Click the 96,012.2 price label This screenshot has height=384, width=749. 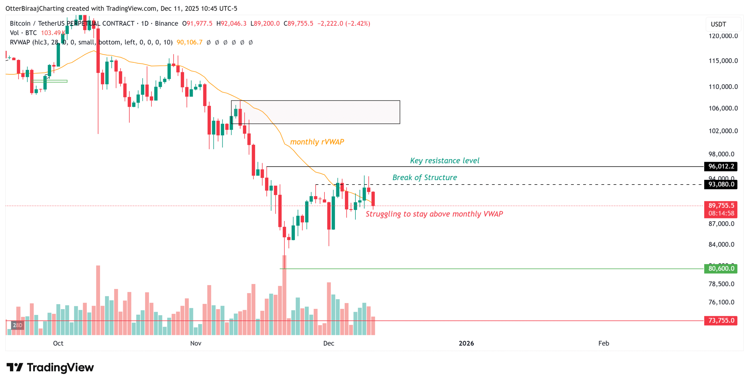click(x=721, y=166)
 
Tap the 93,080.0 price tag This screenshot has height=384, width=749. click(x=721, y=184)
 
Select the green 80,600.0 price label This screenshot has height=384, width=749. click(x=721, y=268)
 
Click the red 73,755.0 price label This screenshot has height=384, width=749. click(x=721, y=321)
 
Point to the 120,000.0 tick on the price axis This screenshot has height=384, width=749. click(x=723, y=36)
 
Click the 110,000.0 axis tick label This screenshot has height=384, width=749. click(x=723, y=87)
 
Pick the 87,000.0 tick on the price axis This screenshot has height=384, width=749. click(x=721, y=224)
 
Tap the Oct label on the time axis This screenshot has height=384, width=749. click(x=58, y=343)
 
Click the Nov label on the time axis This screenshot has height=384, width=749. click(x=195, y=343)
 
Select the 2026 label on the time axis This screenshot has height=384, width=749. click(x=466, y=343)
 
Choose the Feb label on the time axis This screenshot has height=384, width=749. click(x=603, y=343)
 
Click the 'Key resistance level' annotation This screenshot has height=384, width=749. click(x=444, y=161)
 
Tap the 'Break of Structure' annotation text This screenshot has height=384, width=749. click(x=424, y=178)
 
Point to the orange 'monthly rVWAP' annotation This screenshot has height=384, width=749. click(x=317, y=142)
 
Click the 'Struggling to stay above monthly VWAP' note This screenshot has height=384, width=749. click(x=434, y=214)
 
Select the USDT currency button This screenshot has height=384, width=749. click(x=718, y=24)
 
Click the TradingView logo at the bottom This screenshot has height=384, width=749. click(x=50, y=367)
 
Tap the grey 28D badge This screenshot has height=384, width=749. click(x=17, y=325)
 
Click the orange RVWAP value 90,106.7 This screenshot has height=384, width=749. click(x=189, y=42)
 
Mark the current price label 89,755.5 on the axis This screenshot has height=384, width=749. click(x=721, y=206)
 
